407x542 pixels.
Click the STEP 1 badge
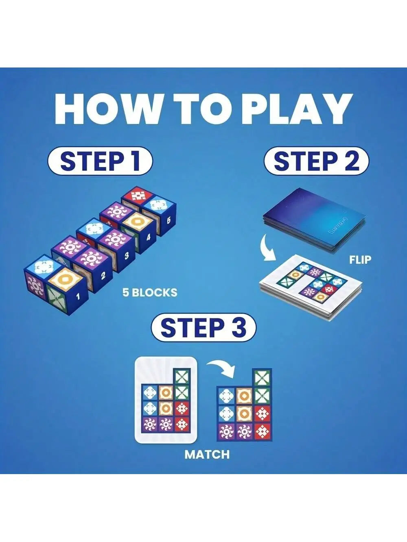100,161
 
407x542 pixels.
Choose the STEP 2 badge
316,161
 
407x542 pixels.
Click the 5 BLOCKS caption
150,292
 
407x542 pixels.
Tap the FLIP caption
360,259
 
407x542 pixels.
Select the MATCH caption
207,454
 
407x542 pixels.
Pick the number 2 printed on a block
103,276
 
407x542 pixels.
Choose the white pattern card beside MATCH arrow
166,400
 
